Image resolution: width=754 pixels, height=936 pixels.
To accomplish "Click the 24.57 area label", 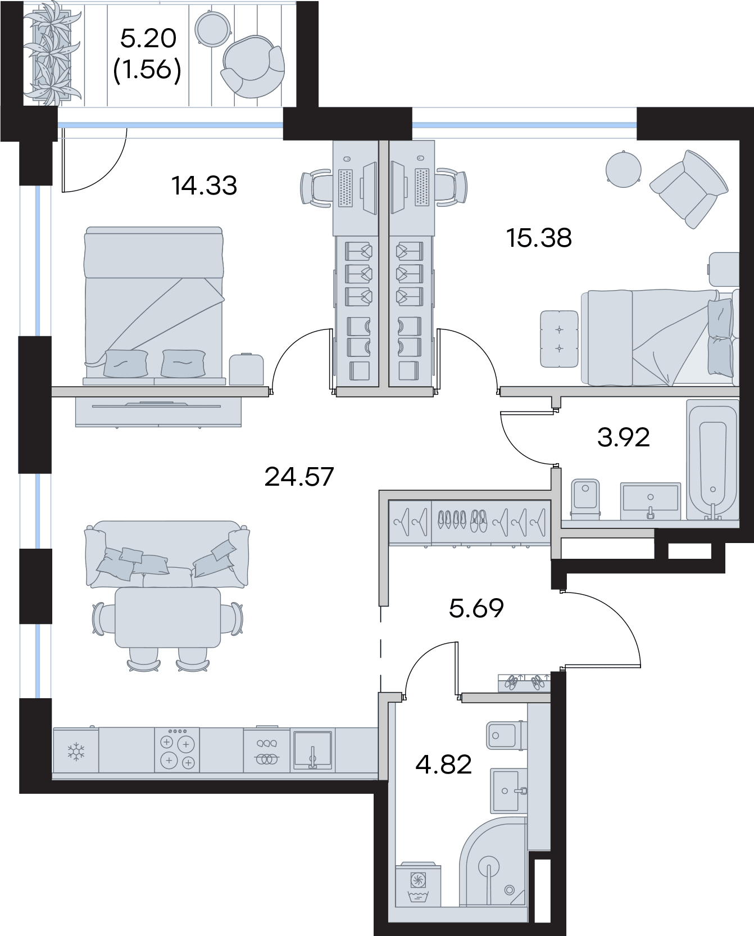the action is (x=299, y=477).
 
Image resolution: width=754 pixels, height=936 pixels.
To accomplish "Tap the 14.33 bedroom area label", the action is (x=205, y=186).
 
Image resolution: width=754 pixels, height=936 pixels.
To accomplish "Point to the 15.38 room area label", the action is (x=539, y=238).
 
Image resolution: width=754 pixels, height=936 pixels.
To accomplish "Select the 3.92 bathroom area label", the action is (x=623, y=437).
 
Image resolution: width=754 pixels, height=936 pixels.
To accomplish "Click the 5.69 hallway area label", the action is (x=476, y=608).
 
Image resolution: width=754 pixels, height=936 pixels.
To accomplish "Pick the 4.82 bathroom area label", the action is (x=443, y=765).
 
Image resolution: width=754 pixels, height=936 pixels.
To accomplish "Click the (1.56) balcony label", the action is (x=147, y=70).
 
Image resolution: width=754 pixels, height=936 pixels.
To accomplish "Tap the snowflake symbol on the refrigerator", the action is (x=75, y=751).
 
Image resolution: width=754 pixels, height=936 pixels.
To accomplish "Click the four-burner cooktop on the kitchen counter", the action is (x=177, y=751).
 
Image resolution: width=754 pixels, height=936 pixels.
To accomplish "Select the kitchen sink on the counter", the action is (x=312, y=750).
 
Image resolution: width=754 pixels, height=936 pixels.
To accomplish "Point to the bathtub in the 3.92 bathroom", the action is (x=712, y=460).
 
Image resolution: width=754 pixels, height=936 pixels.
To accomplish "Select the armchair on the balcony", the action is (x=253, y=66).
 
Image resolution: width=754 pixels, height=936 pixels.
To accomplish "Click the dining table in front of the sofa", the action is (x=167, y=617).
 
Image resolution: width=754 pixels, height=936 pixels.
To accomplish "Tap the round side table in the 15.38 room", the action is (x=624, y=169).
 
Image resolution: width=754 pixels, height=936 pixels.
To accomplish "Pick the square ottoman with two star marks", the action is (x=559, y=339).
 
